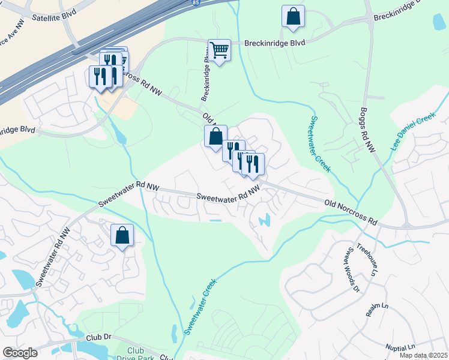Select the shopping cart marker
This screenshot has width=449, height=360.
219,51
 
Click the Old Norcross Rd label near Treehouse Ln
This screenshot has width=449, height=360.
351,212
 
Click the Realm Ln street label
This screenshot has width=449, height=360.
377,310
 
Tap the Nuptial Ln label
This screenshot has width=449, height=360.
402,347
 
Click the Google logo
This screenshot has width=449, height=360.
20,353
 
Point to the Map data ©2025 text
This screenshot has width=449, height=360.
423,355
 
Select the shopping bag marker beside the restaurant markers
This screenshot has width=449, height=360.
215,136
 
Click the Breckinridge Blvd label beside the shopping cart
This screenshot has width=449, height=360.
275,43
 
